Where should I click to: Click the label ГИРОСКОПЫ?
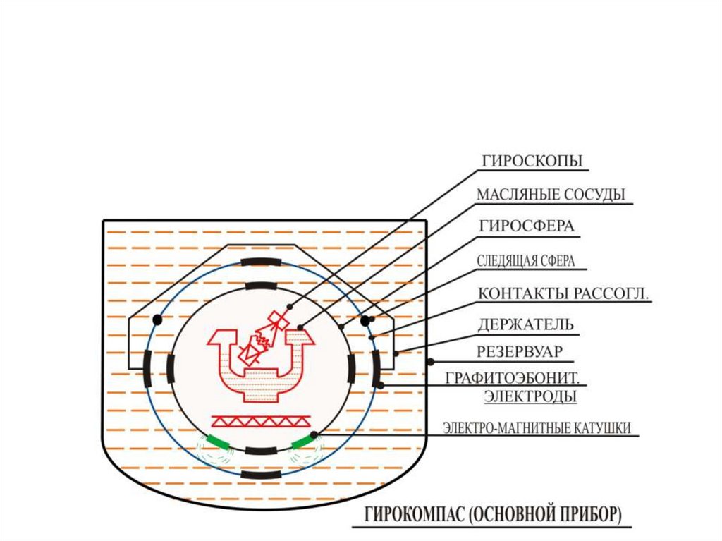532,161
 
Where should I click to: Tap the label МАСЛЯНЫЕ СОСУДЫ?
551,195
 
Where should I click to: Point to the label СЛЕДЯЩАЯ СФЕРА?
526,261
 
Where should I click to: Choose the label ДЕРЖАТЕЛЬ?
525,325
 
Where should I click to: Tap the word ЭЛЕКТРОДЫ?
530,396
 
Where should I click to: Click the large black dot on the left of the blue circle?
157,320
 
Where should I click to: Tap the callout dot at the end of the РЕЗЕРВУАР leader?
430,362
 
